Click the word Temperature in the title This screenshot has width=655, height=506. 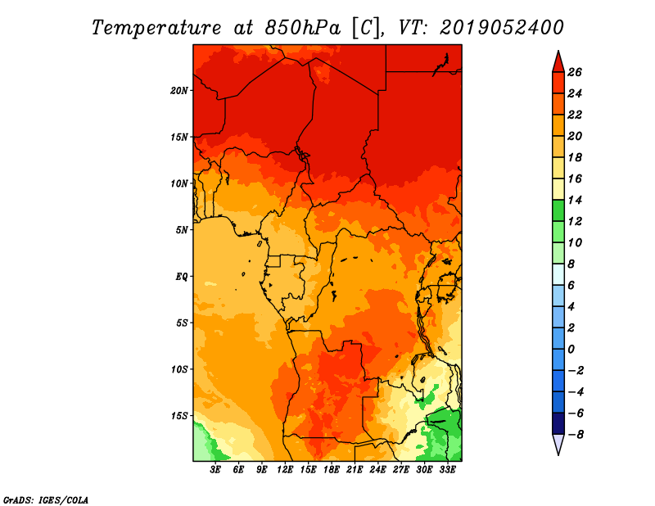(156, 29)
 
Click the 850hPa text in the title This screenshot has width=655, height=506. (303, 28)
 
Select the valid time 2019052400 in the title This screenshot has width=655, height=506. (502, 28)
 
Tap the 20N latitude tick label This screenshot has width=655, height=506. (179, 91)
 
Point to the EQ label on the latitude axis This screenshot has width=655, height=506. (182, 277)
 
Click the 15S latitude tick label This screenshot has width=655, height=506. (179, 416)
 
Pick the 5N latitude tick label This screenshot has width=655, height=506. (182, 230)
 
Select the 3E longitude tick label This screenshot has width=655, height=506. (215, 470)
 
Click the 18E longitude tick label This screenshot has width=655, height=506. (332, 470)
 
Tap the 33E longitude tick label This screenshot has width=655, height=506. (447, 470)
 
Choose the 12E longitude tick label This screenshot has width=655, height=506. (285, 470)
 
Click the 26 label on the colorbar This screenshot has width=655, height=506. (575, 72)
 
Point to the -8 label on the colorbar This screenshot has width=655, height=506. (576, 435)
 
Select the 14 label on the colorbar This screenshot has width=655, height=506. (575, 200)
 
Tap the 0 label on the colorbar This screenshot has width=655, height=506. (571, 350)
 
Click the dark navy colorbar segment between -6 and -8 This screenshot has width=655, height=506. (558, 423)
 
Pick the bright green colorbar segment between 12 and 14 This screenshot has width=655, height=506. (558, 210)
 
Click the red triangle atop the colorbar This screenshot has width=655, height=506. (558, 63)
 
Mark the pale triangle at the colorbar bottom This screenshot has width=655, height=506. (558, 444)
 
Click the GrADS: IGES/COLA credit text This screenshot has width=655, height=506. (46, 500)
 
